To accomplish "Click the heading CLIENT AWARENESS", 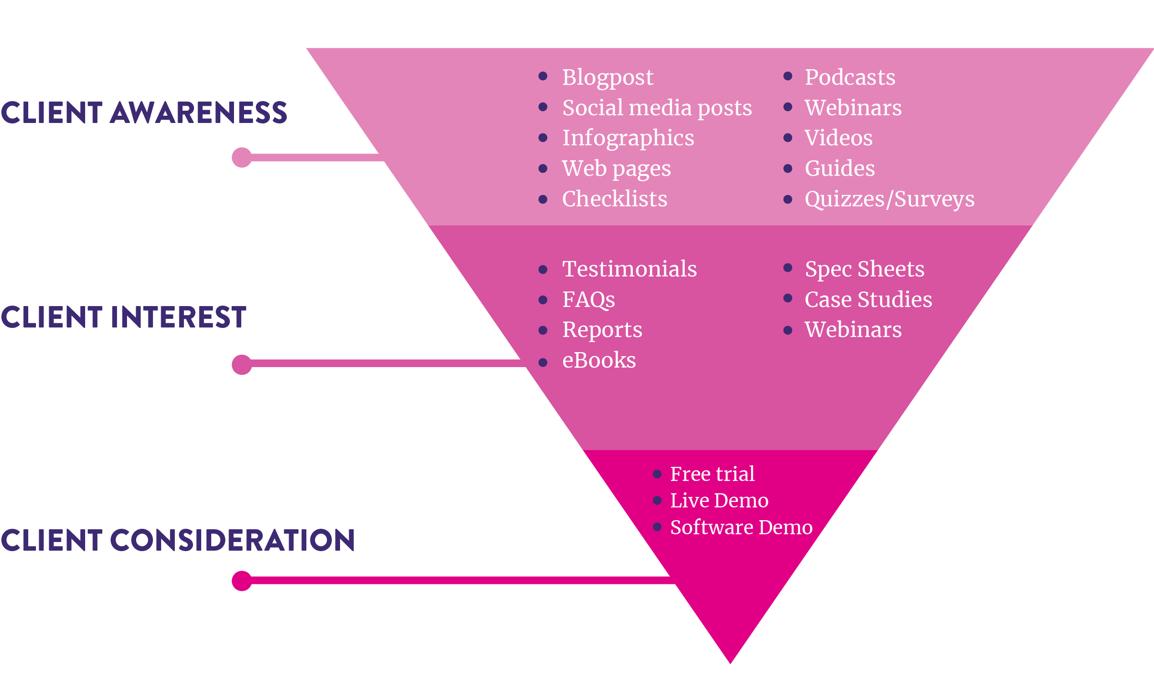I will (x=144, y=113).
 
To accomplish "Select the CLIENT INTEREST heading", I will (x=124, y=317).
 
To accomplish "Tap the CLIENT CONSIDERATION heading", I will (x=178, y=540).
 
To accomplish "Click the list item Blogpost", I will (x=608, y=77).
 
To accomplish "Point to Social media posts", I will (x=657, y=108).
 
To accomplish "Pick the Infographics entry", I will (x=628, y=138).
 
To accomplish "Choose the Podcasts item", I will (x=850, y=77).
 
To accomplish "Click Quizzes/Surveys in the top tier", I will (x=890, y=199).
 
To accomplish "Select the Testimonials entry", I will (x=629, y=269).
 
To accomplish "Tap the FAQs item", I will (x=589, y=300).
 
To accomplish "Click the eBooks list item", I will (x=599, y=360).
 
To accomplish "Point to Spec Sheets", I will (x=864, y=269).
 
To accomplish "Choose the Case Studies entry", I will (x=868, y=300).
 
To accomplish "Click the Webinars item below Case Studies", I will (x=853, y=329).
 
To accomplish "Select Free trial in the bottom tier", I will (x=712, y=474).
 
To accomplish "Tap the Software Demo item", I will (x=742, y=527).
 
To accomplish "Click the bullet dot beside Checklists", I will (x=543, y=199).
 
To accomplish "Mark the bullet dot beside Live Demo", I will (x=657, y=501).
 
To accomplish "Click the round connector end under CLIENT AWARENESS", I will (x=242, y=158).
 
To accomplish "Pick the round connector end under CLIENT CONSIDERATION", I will (x=242, y=581).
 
